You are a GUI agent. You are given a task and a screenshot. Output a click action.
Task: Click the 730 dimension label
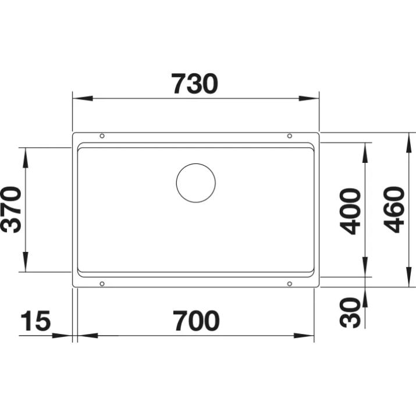[x=194, y=84]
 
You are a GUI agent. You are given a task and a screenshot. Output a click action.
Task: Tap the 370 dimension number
[x=12, y=209]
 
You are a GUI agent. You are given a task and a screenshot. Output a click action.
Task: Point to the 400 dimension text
[x=350, y=210]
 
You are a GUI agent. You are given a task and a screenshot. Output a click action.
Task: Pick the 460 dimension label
[x=395, y=209]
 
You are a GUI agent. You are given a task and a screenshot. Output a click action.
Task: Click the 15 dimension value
[x=35, y=321]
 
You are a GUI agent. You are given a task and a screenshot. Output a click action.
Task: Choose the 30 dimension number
[x=350, y=312]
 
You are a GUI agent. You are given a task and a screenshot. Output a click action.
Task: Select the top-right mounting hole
[x=289, y=136]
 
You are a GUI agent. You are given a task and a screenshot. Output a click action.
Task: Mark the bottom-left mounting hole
[x=102, y=284]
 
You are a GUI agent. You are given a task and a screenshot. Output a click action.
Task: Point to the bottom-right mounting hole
[x=289, y=284]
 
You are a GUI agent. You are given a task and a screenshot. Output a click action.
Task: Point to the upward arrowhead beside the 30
[x=365, y=297]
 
